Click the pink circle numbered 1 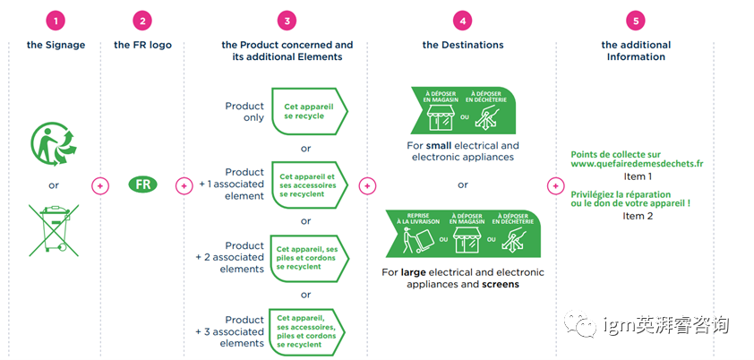tap(57, 21)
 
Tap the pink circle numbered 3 tap(287, 21)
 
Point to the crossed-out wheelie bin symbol tap(53, 227)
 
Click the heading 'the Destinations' tap(463, 45)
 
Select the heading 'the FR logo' tap(142, 45)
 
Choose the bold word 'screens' tap(501, 285)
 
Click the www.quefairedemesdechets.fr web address tap(637, 165)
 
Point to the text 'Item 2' tap(638, 216)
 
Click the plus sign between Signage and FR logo tap(100, 185)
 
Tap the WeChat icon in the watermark tap(585, 323)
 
